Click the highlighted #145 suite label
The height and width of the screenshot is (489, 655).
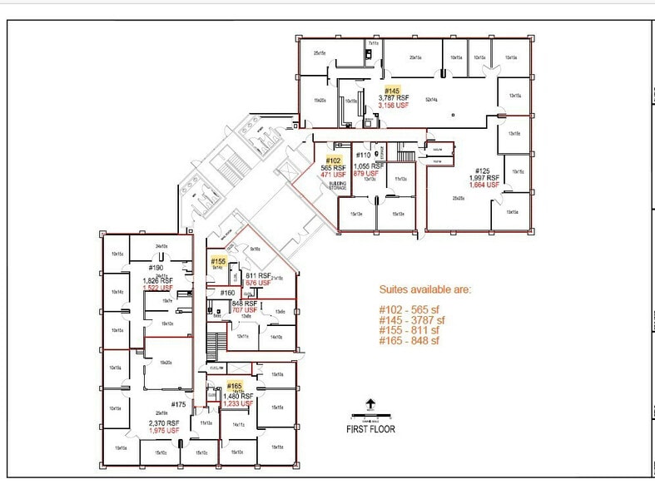[x=392, y=90]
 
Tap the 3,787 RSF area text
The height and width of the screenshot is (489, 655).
[x=394, y=98]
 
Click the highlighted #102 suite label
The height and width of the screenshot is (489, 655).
[x=334, y=160]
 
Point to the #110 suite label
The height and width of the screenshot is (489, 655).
[x=363, y=156]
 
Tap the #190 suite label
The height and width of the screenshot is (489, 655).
[x=156, y=268]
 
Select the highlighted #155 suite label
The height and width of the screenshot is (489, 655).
[x=217, y=260]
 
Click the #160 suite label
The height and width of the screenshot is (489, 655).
[x=227, y=293]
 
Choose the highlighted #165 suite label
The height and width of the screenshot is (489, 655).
[x=234, y=386]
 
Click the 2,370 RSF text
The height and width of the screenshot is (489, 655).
[x=165, y=423]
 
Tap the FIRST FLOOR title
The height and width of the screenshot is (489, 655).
[x=371, y=429]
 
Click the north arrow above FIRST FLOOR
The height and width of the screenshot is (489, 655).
[x=371, y=405]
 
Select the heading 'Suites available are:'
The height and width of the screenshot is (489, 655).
[x=424, y=290]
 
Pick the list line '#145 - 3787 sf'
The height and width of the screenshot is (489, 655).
[x=414, y=319]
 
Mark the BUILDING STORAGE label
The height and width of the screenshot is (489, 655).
[x=337, y=186]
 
